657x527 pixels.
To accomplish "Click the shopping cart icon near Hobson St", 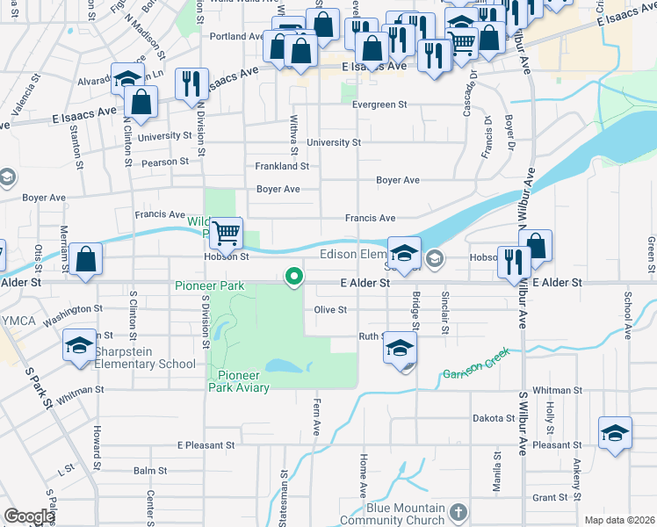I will (227, 233).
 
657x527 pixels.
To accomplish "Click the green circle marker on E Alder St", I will (294, 278).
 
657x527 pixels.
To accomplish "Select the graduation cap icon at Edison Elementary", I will (403, 253).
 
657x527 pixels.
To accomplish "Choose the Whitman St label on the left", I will (81, 389).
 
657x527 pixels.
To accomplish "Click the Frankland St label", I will (281, 165).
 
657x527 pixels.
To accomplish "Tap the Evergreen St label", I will (379, 104).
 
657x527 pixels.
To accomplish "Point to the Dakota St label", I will (493, 418).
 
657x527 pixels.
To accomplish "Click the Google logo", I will (29, 516).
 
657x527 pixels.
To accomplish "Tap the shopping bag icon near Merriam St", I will (85, 259).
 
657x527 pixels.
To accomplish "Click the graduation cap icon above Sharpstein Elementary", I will (79, 345).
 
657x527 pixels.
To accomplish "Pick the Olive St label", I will (331, 309).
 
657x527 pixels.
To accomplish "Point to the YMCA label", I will (18, 321).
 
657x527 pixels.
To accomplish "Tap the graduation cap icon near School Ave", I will (615, 433).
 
